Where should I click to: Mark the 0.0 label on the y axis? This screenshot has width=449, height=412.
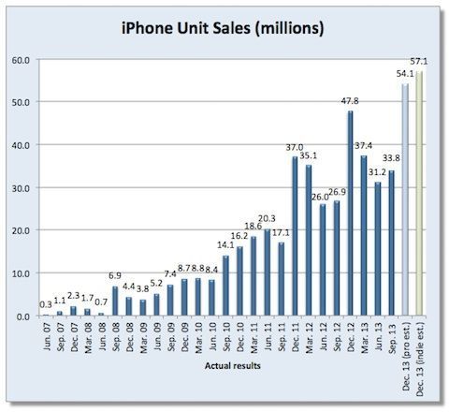(21, 316)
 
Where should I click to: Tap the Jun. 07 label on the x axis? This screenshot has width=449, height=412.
(46, 334)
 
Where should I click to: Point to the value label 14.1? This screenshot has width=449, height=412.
(224, 248)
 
